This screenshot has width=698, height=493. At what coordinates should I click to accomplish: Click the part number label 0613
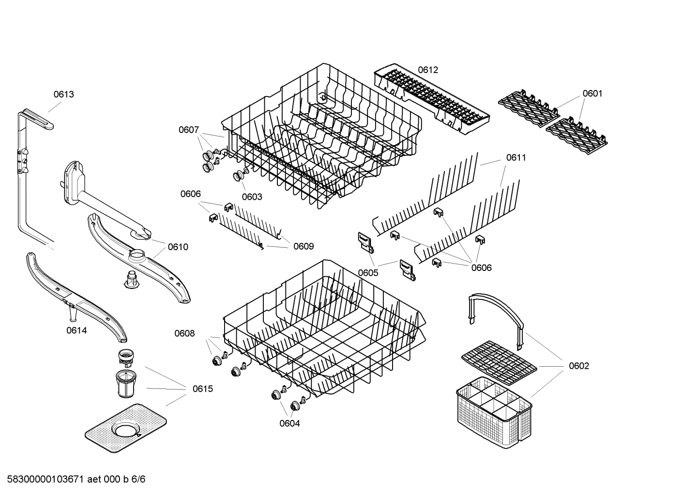[x=63, y=94]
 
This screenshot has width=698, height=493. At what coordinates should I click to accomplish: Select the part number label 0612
[x=427, y=70]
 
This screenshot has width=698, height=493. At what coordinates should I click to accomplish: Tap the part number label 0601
[x=592, y=93]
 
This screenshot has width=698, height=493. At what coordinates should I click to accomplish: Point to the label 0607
[x=188, y=130]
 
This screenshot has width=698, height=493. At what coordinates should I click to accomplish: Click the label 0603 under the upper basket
[x=252, y=196]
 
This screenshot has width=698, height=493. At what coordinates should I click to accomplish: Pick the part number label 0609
[x=303, y=246]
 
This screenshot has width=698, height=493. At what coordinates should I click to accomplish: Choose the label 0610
[x=178, y=247]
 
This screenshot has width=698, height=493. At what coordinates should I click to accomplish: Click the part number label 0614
[x=76, y=330]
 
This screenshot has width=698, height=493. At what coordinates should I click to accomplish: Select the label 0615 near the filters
[x=202, y=388]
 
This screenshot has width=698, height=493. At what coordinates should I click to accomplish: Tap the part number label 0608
[x=184, y=333]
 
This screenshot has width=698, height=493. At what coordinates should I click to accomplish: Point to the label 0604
[x=289, y=423]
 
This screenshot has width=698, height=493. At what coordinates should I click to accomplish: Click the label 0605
[x=368, y=272]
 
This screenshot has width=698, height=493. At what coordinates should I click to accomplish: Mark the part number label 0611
[x=516, y=157]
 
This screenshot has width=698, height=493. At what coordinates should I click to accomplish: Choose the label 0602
[x=578, y=366]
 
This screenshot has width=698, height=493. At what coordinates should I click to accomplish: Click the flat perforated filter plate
[x=126, y=428]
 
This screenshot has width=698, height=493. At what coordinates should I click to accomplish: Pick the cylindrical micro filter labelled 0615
[x=127, y=383]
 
